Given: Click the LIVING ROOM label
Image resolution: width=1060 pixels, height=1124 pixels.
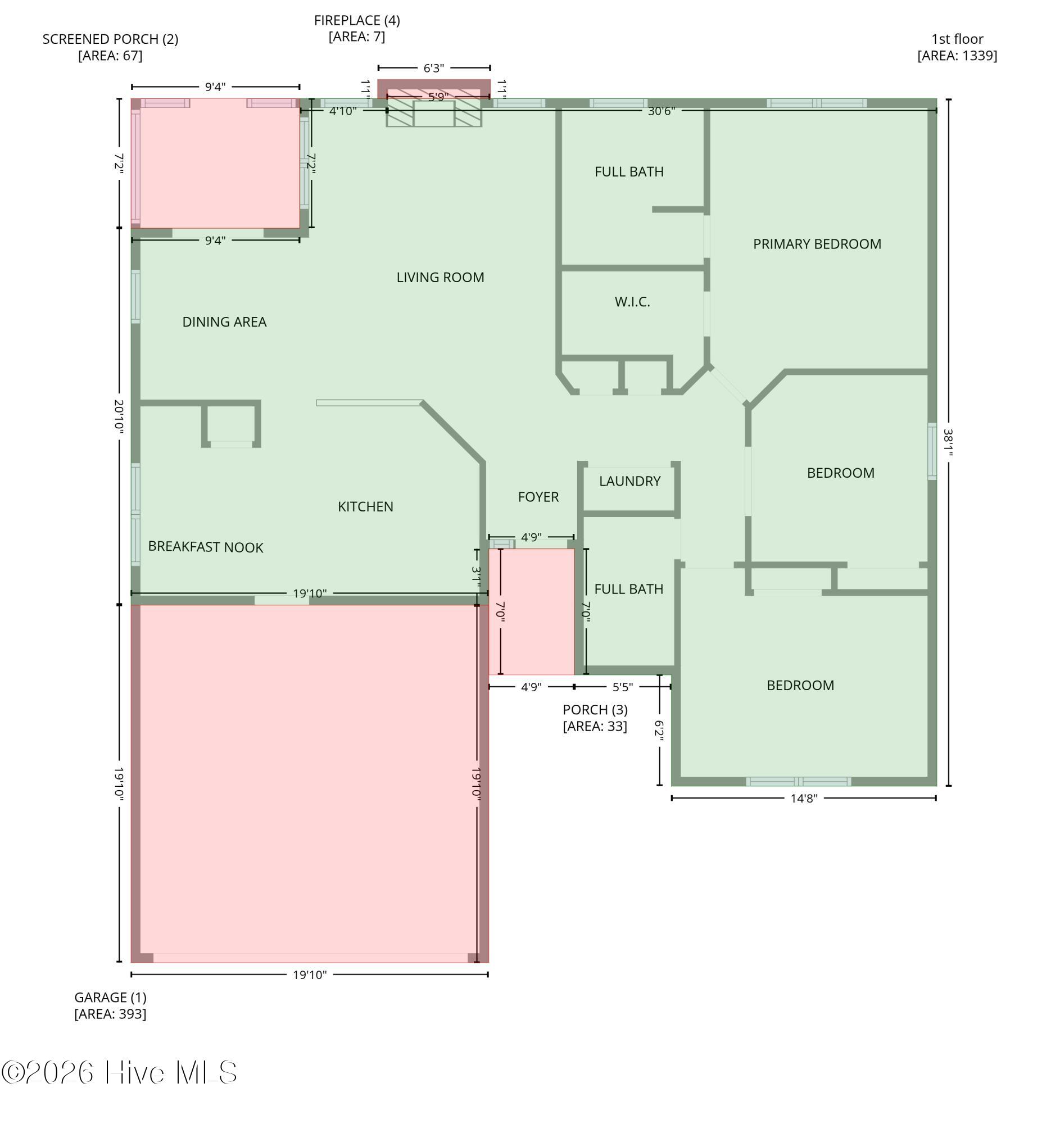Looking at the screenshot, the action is [x=440, y=278].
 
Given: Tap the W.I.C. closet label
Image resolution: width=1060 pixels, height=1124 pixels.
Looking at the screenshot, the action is [x=632, y=302].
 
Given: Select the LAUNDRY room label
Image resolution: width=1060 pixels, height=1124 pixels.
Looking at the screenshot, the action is [x=630, y=481].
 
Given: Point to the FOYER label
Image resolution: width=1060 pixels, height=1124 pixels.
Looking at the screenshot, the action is [x=538, y=497].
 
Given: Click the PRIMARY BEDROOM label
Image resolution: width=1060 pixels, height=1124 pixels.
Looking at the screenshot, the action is [x=817, y=244].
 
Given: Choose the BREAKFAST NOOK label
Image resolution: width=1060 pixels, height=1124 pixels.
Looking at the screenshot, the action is [x=206, y=547].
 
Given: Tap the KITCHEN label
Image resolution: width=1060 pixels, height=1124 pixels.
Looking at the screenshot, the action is [x=365, y=506].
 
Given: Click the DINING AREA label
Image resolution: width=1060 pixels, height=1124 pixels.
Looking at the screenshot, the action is [x=224, y=322].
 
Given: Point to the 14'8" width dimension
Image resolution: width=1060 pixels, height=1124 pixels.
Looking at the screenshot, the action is [x=803, y=799].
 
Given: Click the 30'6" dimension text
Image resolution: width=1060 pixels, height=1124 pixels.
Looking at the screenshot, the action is [x=662, y=111].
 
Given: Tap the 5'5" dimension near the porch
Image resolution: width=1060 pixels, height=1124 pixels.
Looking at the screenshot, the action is [x=622, y=687].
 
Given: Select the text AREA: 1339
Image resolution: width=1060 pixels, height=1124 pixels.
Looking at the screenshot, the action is [x=957, y=56].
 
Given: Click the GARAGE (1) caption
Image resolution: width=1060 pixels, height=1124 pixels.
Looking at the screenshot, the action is [x=110, y=997].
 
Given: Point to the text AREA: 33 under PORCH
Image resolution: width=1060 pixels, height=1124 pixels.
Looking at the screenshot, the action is [x=595, y=726].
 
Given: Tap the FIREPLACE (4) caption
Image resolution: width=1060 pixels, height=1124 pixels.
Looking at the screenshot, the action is [x=357, y=21].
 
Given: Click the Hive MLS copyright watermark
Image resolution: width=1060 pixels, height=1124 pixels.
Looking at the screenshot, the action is [x=119, y=1072].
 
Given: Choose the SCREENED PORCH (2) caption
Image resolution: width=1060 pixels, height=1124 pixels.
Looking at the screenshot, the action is [x=110, y=39].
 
